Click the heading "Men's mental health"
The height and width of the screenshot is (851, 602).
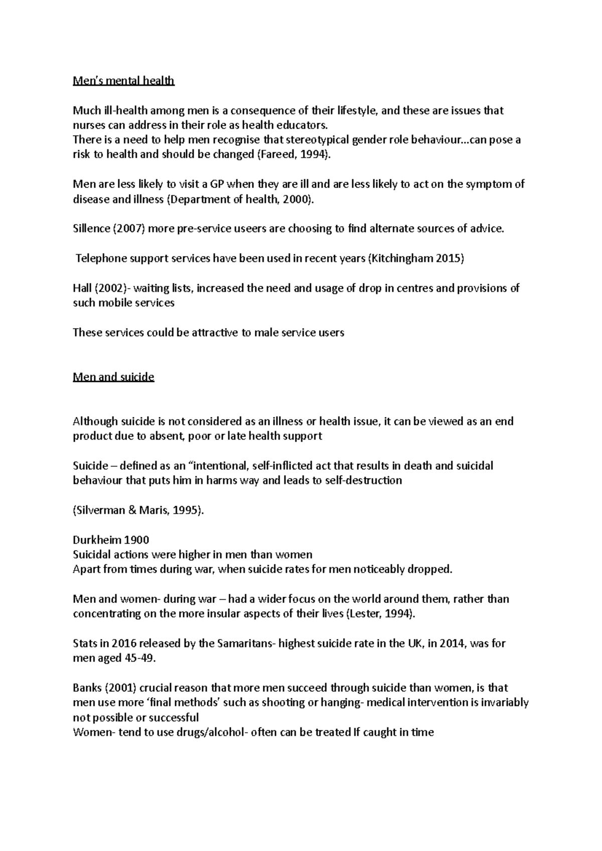123,81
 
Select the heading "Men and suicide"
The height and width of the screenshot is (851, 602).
113,377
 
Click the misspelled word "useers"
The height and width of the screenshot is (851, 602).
250,229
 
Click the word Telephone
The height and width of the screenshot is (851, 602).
101,259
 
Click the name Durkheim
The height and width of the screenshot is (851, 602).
96,540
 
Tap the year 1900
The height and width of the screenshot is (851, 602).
136,540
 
